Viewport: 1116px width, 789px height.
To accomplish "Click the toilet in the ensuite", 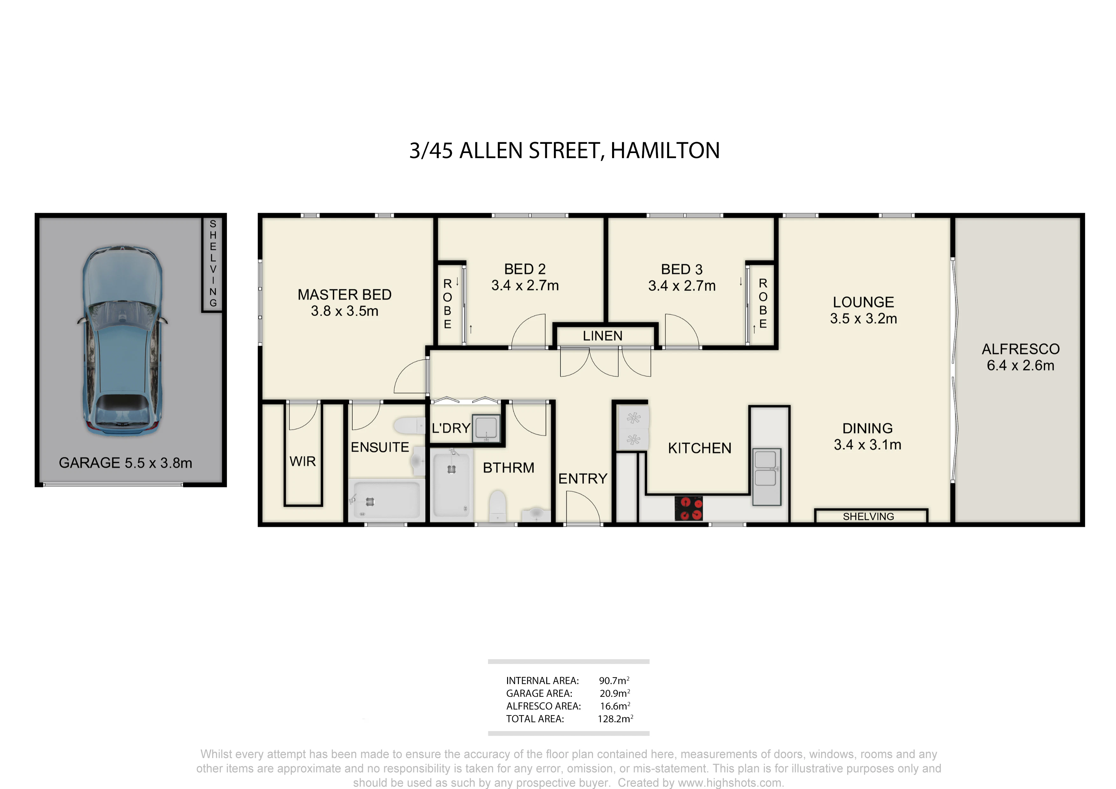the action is point(410,426).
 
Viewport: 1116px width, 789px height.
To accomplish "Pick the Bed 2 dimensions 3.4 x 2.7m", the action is point(525,285).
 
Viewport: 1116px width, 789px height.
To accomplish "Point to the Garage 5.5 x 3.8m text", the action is point(125,463).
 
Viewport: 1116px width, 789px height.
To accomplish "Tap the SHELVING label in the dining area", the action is point(868,517).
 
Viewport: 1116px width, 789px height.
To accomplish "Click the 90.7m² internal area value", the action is point(614,681).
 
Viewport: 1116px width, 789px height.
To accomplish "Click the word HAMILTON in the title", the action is point(665,151).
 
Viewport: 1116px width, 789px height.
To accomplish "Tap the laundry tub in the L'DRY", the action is point(486,428).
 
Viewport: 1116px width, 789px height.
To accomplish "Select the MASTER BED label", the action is point(345,295).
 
